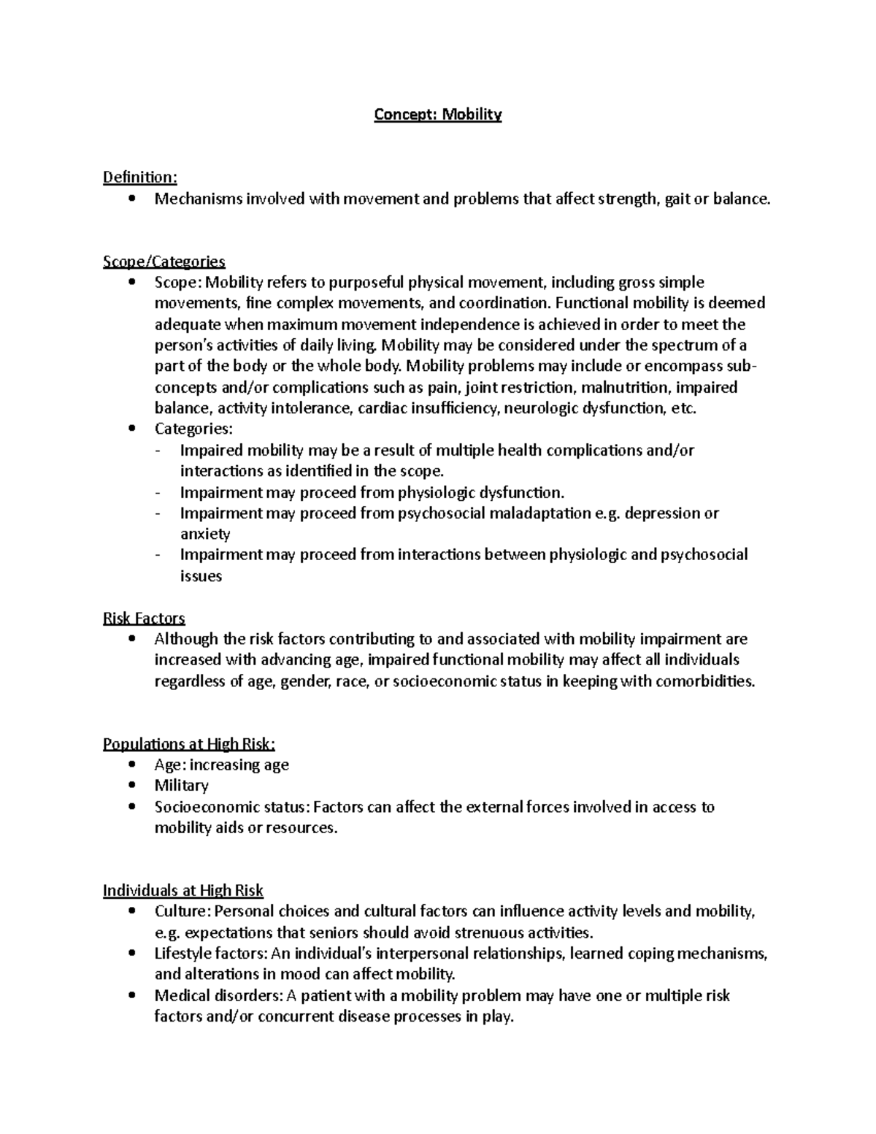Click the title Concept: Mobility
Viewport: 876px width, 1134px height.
(437, 115)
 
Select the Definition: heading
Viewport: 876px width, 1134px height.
(139, 177)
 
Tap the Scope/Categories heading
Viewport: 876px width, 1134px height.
(164, 261)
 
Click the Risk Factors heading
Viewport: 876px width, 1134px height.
(144, 618)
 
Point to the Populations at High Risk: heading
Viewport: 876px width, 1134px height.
(189, 744)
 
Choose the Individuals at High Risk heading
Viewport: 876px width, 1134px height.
(182, 891)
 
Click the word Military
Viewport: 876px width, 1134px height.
(181, 786)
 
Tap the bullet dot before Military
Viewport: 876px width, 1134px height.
(131, 786)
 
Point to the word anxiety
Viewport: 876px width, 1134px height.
(205, 534)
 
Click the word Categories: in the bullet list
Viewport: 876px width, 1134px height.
(193, 429)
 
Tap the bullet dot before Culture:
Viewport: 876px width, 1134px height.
(131, 911)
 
